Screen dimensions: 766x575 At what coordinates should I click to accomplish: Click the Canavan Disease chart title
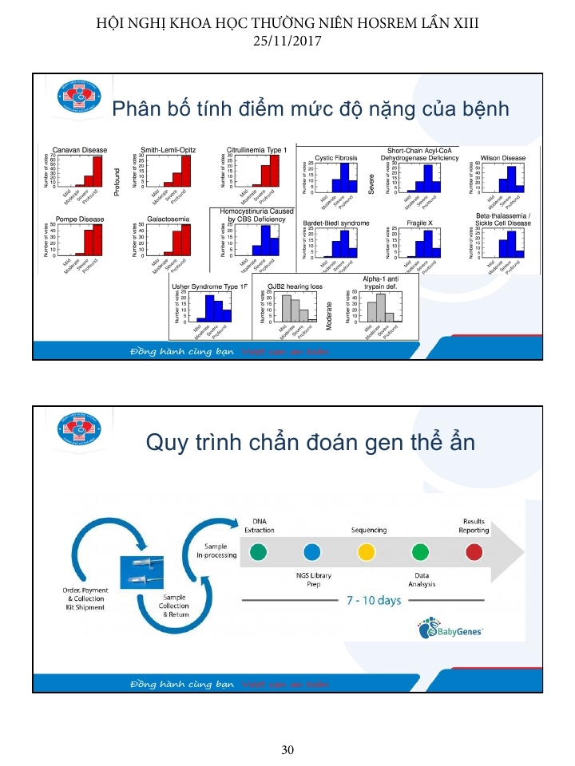point(80,149)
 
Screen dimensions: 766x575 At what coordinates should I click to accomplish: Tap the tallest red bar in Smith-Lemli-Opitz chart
point(186,170)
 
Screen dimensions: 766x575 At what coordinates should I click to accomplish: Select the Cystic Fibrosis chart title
point(336,158)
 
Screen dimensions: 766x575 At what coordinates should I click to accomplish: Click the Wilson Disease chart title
point(503,158)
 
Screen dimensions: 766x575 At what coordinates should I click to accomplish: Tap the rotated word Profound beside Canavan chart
point(117,180)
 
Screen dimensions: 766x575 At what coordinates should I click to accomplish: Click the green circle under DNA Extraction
point(258,551)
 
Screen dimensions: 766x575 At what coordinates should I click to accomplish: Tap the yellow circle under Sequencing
point(366,551)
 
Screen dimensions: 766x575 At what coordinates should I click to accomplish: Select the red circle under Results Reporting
point(474,551)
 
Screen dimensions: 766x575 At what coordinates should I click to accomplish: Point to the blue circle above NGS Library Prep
point(311,551)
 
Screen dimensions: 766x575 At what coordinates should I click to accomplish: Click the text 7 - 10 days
point(374,600)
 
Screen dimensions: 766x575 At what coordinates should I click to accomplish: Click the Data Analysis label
point(421,579)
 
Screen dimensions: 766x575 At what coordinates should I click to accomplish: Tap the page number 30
point(287,749)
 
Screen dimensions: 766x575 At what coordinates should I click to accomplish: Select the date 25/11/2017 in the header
point(287,38)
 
